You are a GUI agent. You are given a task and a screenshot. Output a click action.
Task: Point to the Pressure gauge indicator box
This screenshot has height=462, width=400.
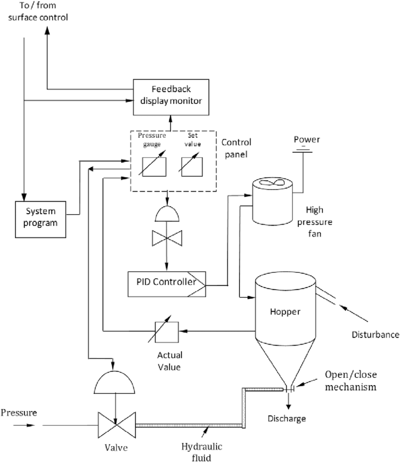coord(154,166)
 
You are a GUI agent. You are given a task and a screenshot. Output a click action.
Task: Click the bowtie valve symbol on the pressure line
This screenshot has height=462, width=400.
coord(115,425)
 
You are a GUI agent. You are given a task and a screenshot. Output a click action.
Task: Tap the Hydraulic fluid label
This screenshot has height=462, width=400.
coord(198,452)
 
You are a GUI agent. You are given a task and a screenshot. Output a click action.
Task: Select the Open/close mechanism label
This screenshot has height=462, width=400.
coord(349,380)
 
